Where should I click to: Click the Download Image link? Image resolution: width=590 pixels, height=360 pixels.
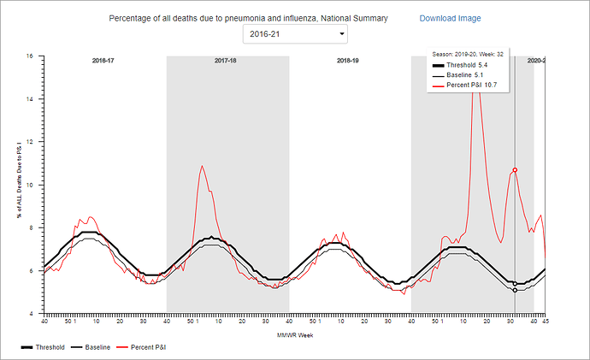(x=450, y=18)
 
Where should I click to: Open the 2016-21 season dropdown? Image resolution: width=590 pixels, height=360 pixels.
(x=295, y=34)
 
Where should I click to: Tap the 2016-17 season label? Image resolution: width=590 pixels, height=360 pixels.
(x=104, y=62)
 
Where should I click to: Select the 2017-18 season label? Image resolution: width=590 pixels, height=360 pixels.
(x=227, y=62)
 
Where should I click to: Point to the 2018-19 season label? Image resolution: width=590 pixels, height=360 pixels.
(x=347, y=62)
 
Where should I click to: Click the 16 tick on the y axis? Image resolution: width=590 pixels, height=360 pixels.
(x=30, y=56)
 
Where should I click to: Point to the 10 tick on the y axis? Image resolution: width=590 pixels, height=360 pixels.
(x=30, y=185)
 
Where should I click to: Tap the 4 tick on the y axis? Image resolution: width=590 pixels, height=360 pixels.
(x=31, y=314)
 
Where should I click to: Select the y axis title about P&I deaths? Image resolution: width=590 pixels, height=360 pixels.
(x=17, y=185)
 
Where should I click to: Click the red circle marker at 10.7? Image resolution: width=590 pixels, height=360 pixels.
(x=515, y=170)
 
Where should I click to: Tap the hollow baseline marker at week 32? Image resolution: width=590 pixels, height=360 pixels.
(x=515, y=290)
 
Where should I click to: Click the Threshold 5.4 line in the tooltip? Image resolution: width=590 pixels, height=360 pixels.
(x=467, y=65)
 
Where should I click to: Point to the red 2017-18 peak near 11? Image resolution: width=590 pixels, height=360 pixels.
(x=202, y=166)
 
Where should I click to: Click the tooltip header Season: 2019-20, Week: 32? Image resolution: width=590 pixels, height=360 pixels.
(x=467, y=54)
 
